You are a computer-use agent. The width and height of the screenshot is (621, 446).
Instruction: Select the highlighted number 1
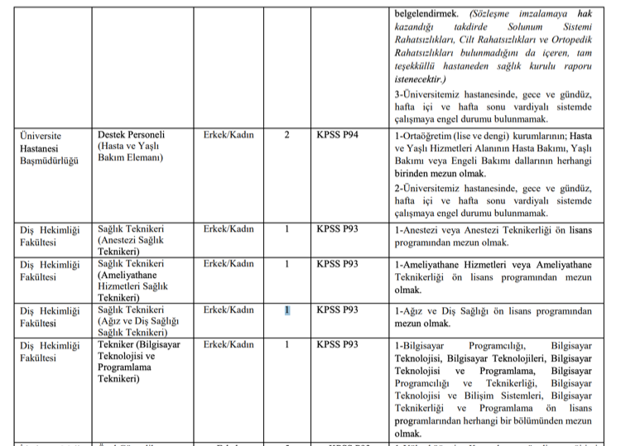pos(286,310)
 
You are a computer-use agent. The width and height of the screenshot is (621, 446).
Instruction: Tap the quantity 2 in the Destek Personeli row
pos(286,135)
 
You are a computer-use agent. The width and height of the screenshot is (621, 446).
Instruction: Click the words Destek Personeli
pos(132,135)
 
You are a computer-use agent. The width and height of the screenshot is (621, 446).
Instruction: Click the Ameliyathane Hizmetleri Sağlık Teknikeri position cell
pos(137,281)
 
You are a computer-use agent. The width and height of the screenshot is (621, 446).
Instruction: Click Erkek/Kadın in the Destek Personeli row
pos(229,135)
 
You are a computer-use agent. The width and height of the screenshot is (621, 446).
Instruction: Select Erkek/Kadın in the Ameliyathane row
pos(229,264)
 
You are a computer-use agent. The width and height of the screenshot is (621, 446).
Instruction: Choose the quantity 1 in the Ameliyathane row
pos(286,264)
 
